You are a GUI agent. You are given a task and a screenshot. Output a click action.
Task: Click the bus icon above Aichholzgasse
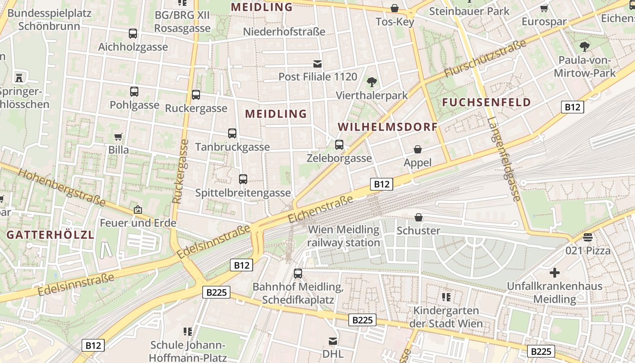click(132, 34)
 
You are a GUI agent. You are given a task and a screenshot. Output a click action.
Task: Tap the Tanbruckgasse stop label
click(232, 147)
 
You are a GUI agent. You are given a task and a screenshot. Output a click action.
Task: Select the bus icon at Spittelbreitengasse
click(243, 179)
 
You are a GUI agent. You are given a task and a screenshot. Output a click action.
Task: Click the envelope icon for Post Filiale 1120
click(317, 64)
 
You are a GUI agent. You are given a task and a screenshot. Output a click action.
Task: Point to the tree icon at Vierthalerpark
click(372, 82)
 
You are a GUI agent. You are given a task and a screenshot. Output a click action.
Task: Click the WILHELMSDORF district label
click(388, 127)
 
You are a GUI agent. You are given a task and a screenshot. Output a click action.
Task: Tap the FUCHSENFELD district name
click(486, 102)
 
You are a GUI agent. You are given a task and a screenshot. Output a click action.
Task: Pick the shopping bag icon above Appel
click(418, 149)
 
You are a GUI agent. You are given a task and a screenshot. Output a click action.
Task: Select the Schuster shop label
click(418, 231)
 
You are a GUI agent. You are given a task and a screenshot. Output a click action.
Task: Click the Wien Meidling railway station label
click(344, 236)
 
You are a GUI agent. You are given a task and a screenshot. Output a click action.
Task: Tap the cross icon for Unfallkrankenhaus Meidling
click(554, 273)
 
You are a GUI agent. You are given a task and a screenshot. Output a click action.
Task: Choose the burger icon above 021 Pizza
click(588, 237)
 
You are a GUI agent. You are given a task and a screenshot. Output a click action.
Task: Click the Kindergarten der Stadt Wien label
click(446, 317)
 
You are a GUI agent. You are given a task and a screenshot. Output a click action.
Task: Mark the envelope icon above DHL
click(333, 341)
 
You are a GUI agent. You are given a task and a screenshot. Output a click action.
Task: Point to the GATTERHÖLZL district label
click(50, 235)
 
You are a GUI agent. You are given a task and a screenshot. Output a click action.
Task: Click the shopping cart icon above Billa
click(118, 137)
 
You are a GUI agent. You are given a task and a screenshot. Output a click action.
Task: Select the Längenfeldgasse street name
click(504, 159)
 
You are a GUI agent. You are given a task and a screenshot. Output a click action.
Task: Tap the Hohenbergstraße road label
click(62, 188)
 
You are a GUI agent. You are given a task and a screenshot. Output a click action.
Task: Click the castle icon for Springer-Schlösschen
click(19, 77)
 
